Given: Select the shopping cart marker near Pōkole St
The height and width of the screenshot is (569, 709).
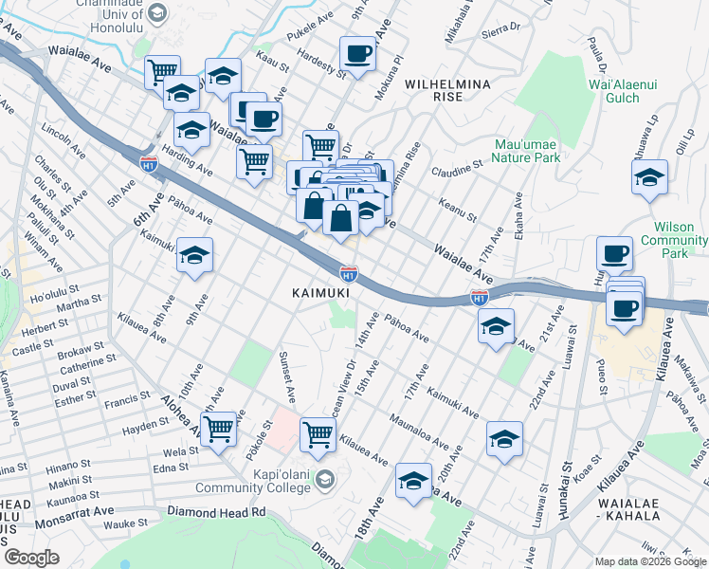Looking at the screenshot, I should pos(219,428).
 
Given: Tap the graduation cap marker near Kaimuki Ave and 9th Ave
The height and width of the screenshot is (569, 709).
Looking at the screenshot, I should pos(195,255).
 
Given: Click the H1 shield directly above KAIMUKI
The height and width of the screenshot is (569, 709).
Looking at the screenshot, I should pos(349,274).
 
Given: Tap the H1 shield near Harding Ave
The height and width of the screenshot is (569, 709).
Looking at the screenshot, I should pos(148,164).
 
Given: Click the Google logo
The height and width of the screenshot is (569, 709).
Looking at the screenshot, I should pos(32,558).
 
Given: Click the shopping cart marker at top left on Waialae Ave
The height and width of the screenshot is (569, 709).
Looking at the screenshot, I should pos(162,70).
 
